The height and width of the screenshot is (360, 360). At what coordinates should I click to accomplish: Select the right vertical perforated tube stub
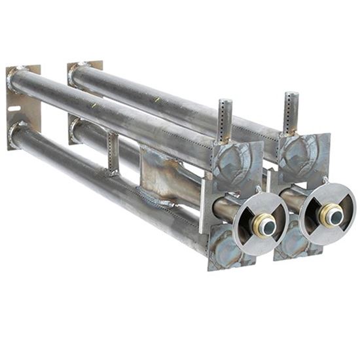point(291,113)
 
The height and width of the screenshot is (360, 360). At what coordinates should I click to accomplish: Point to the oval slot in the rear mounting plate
point(14,107)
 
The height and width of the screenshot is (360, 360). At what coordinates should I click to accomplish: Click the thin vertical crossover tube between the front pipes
point(113,154)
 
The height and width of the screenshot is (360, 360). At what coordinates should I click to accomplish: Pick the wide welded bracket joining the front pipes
point(157,175)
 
